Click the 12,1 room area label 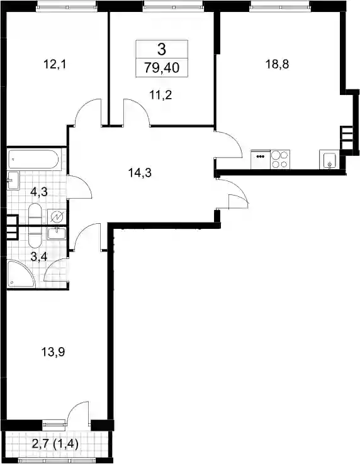pyautogui.click(x=55, y=64)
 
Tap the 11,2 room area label pyautogui.click(x=161, y=96)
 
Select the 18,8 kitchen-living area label pyautogui.click(x=277, y=64)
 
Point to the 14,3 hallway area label pyautogui.click(x=140, y=172)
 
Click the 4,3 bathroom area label pyautogui.click(x=39, y=192)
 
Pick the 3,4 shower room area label pyautogui.click(x=39, y=257)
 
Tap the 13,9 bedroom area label pyautogui.click(x=53, y=353)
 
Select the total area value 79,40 pyautogui.click(x=162, y=68)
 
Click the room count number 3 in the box pyautogui.click(x=162, y=49)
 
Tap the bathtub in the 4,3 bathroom pyautogui.click(x=34, y=160)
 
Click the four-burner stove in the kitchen pyautogui.click(x=280, y=160)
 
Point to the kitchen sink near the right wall pyautogui.click(x=329, y=160)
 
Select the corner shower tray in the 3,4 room pyautogui.click(x=20, y=274)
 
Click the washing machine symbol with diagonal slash pyautogui.click(x=57, y=217)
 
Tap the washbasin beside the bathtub pyautogui.click(x=13, y=180)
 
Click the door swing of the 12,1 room pyautogui.click(x=87, y=112)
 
